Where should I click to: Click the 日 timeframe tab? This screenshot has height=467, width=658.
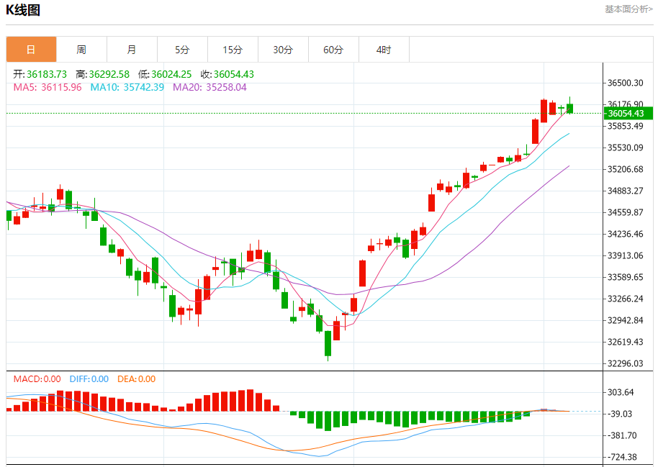click(x=31, y=50)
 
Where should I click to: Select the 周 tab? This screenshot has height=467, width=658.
click(x=81, y=50)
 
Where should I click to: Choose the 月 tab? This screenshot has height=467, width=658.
click(x=132, y=50)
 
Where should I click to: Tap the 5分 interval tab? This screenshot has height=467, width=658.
click(x=182, y=50)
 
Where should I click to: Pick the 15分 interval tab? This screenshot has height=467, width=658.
click(x=233, y=50)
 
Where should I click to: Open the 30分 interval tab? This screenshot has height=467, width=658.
click(x=283, y=50)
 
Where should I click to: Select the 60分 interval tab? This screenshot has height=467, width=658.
click(x=333, y=50)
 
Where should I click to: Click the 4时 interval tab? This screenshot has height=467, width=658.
click(x=384, y=50)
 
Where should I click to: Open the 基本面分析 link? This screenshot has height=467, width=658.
click(x=628, y=9)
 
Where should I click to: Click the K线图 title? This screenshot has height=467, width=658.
click(x=24, y=10)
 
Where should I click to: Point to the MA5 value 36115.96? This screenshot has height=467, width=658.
click(x=61, y=87)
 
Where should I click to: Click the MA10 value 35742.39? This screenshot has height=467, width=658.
click(x=143, y=87)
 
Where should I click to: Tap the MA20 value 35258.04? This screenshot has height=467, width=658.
click(x=226, y=87)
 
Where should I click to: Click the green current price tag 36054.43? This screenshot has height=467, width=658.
click(x=627, y=113)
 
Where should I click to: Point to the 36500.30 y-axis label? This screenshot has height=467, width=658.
click(x=626, y=83)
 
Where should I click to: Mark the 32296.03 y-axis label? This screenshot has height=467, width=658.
click(x=626, y=363)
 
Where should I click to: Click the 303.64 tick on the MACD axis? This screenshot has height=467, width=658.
click(x=621, y=392)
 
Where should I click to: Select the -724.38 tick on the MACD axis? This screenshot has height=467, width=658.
click(x=622, y=457)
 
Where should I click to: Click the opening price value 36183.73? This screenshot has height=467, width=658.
click(x=47, y=74)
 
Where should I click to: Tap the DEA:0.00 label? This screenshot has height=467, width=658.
click(x=136, y=379)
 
